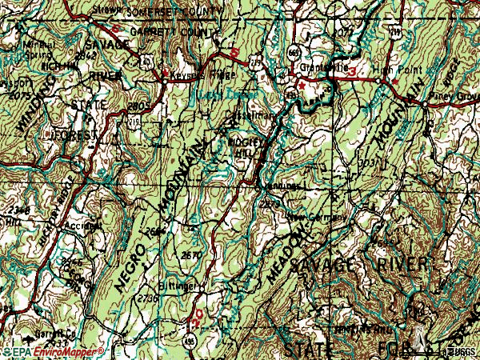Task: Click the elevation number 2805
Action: pyautogui.click(x=138, y=104)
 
